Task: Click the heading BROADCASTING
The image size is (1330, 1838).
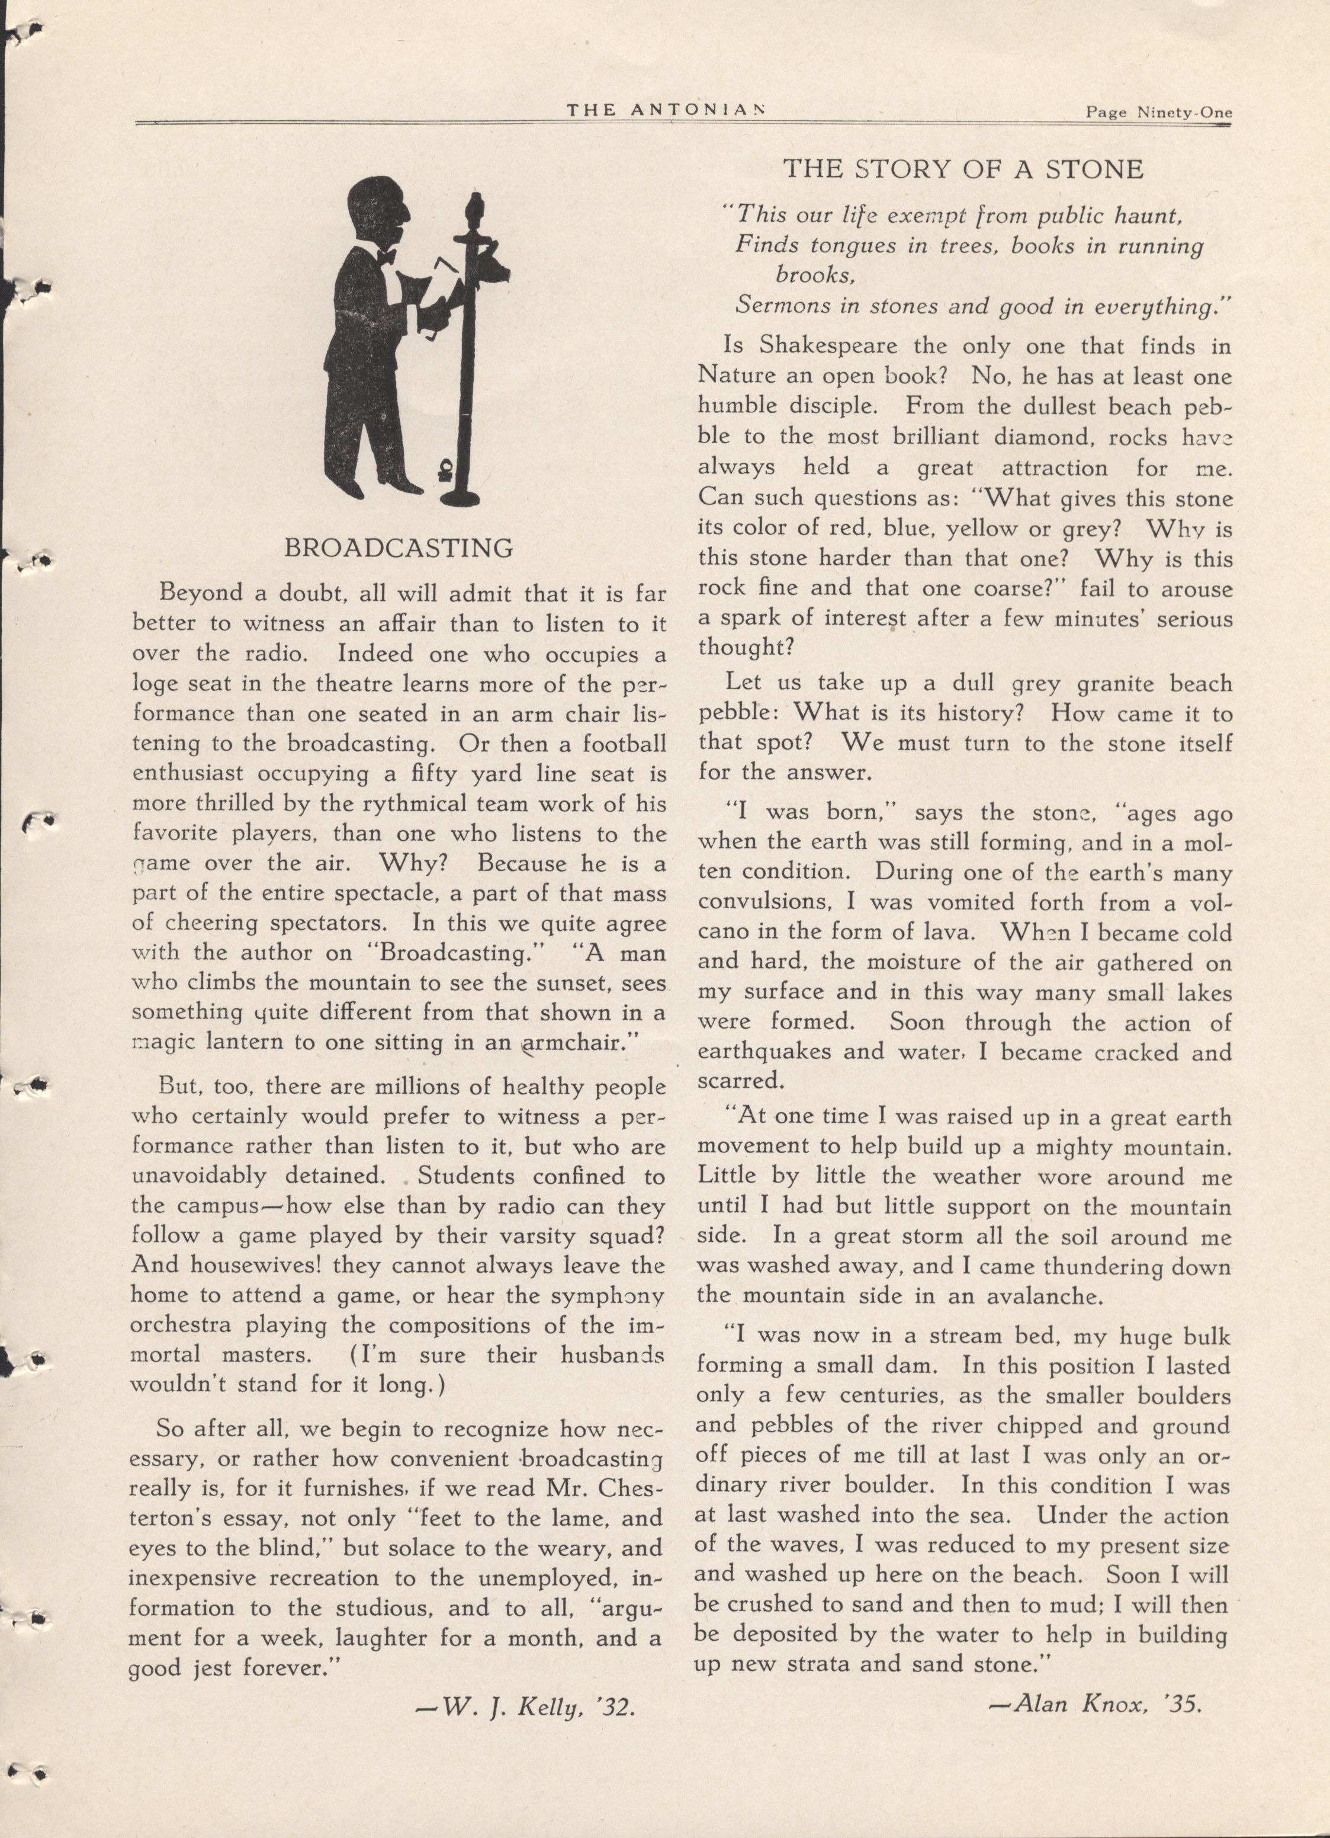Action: tap(399, 549)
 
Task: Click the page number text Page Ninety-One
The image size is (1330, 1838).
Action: tap(1158, 113)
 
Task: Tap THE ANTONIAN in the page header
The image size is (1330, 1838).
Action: tap(666, 111)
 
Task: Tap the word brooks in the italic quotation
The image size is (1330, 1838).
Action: tap(815, 276)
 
